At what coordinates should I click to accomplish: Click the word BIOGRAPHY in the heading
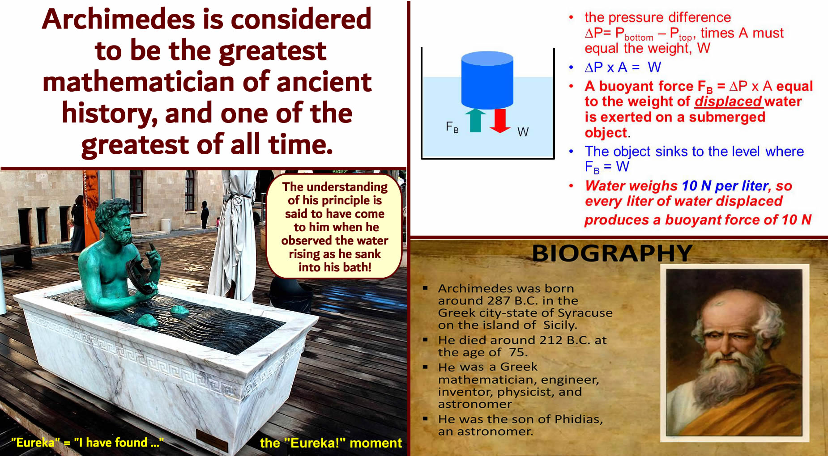[612, 253]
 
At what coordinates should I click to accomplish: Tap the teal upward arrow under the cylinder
[475, 120]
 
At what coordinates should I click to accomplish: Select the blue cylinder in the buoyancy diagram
[487, 80]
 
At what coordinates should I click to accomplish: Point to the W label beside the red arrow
[523, 132]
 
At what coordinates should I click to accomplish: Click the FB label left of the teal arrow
[452, 127]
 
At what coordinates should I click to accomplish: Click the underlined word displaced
[728, 101]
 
